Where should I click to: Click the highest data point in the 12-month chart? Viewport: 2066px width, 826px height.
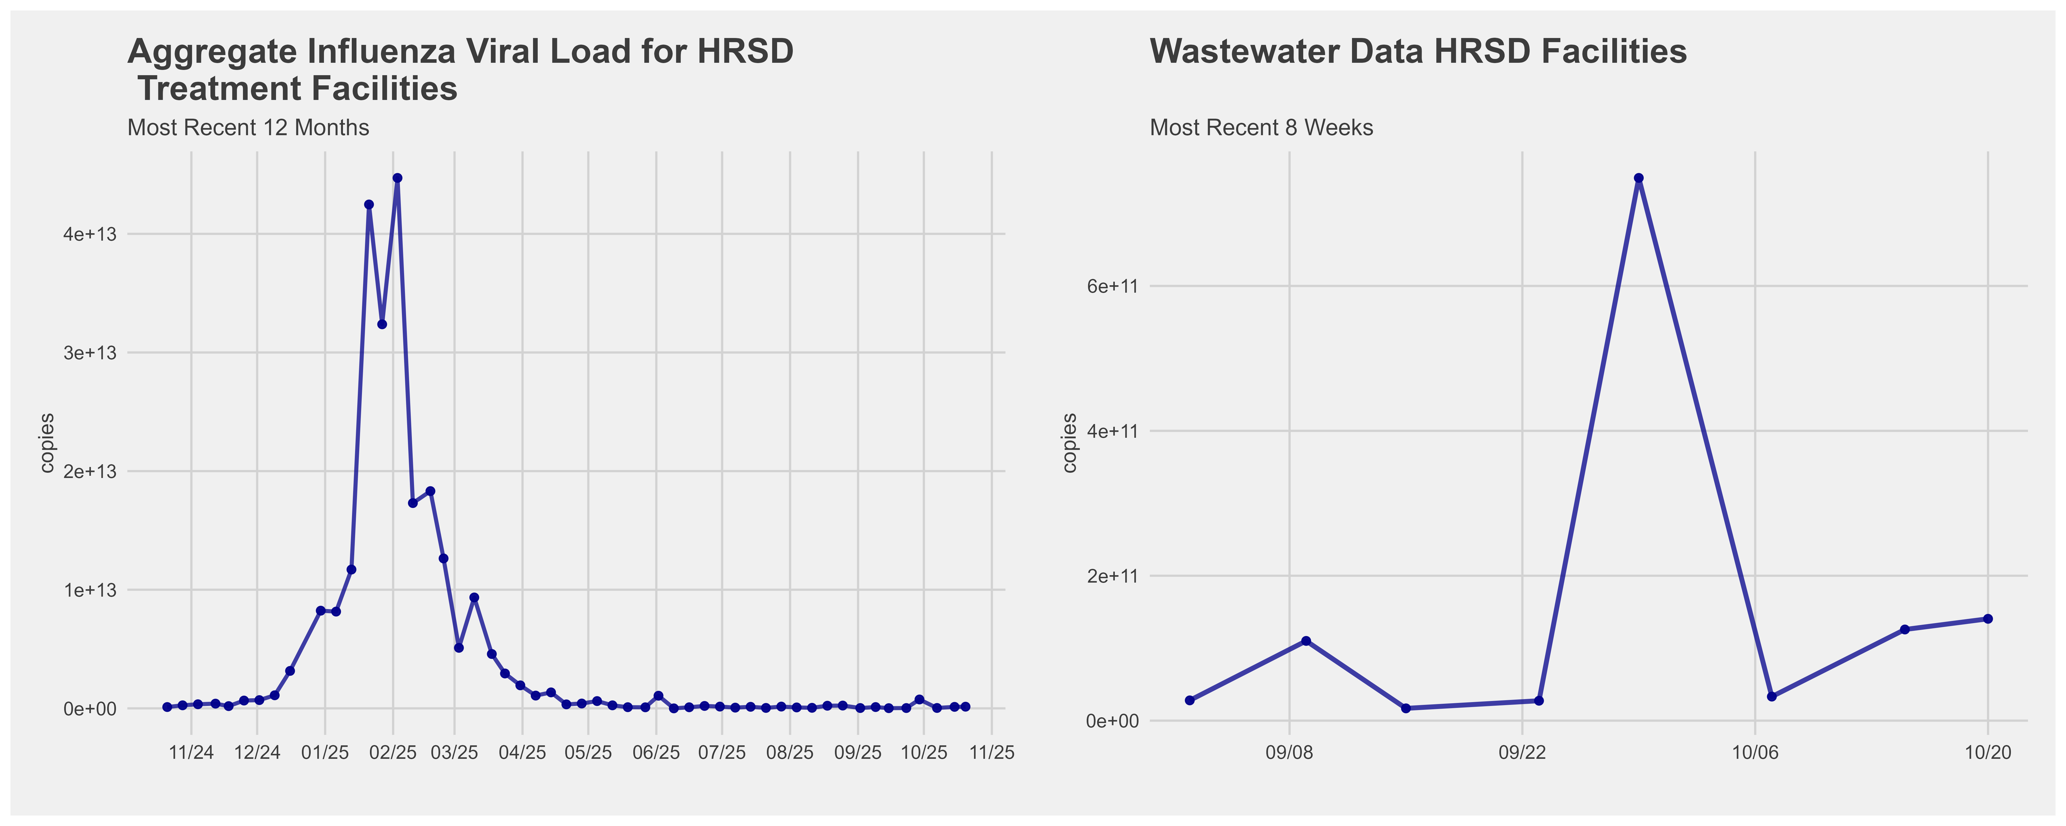397,178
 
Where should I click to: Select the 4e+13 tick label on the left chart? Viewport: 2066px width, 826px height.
91,234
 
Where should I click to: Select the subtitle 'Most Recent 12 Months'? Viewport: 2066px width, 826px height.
248,128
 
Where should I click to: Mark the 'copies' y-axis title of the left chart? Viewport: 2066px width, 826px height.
47,443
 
